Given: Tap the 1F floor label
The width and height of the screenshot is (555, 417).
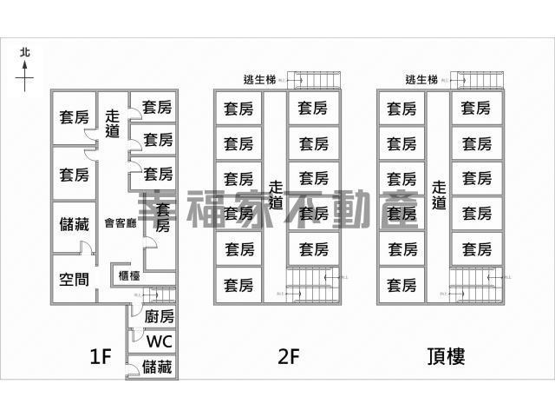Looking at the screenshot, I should tap(101, 356).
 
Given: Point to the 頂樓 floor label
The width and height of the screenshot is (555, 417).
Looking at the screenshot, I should tap(446, 356).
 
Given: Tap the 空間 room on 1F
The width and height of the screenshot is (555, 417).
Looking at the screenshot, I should tap(74, 279).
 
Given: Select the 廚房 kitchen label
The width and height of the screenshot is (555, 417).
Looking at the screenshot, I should tap(159, 317).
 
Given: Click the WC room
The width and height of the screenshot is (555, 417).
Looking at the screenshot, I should tap(159, 341).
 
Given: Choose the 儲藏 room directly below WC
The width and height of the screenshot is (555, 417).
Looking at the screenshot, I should tap(159, 367).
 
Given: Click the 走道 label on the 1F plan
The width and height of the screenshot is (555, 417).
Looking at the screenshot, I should tap(112, 123).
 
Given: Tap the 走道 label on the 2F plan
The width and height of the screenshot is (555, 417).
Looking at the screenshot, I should tap(276, 194).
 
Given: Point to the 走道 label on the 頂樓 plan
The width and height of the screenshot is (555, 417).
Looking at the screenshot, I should tap(439, 194).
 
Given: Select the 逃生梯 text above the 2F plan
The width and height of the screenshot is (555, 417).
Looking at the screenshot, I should tap(260, 80).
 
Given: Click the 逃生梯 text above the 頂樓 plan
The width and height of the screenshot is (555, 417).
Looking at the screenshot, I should tap(422, 80).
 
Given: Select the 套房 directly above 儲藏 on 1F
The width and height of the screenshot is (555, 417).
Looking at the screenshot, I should tap(74, 174).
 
